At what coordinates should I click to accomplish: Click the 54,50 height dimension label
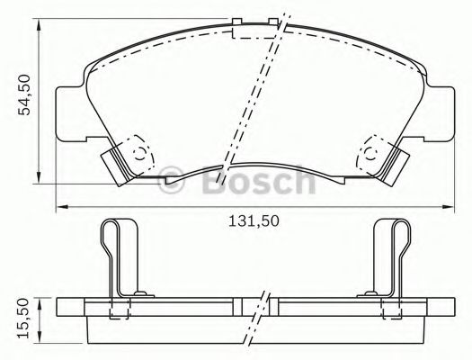tap(30, 94)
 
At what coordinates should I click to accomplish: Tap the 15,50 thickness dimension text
tap(30, 317)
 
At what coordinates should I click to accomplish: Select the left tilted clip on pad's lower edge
tap(115, 164)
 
